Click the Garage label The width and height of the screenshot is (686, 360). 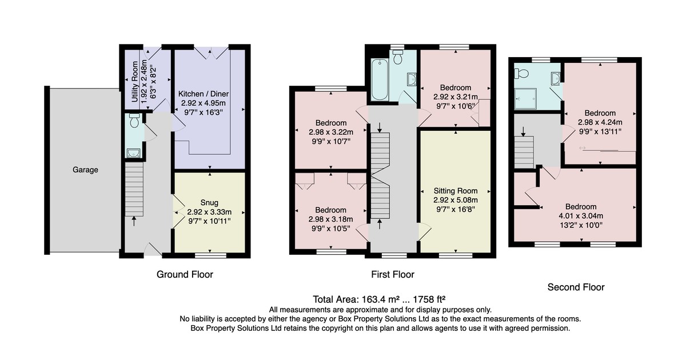[85, 170]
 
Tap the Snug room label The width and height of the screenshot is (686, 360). [209, 203]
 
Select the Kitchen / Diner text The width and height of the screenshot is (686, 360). [204, 94]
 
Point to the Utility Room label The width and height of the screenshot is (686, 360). [135, 82]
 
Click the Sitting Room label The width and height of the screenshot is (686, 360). [456, 191]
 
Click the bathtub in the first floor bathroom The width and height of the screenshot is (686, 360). [380, 79]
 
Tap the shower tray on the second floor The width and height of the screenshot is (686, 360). [525, 99]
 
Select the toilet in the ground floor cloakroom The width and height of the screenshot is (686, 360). [134, 121]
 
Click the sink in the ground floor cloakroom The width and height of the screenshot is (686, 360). [133, 153]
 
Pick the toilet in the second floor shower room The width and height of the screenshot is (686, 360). [522, 74]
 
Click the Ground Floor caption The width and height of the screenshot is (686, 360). [185, 274]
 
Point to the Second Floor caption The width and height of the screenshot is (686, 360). [576, 287]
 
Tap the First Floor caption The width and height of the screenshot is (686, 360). [393, 274]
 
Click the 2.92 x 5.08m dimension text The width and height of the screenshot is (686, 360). [456, 200]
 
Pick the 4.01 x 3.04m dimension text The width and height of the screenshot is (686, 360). [581, 216]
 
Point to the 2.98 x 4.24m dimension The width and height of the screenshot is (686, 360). [600, 122]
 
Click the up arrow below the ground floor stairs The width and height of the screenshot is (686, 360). [134, 221]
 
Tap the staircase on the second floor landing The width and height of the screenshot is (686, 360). [524, 152]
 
